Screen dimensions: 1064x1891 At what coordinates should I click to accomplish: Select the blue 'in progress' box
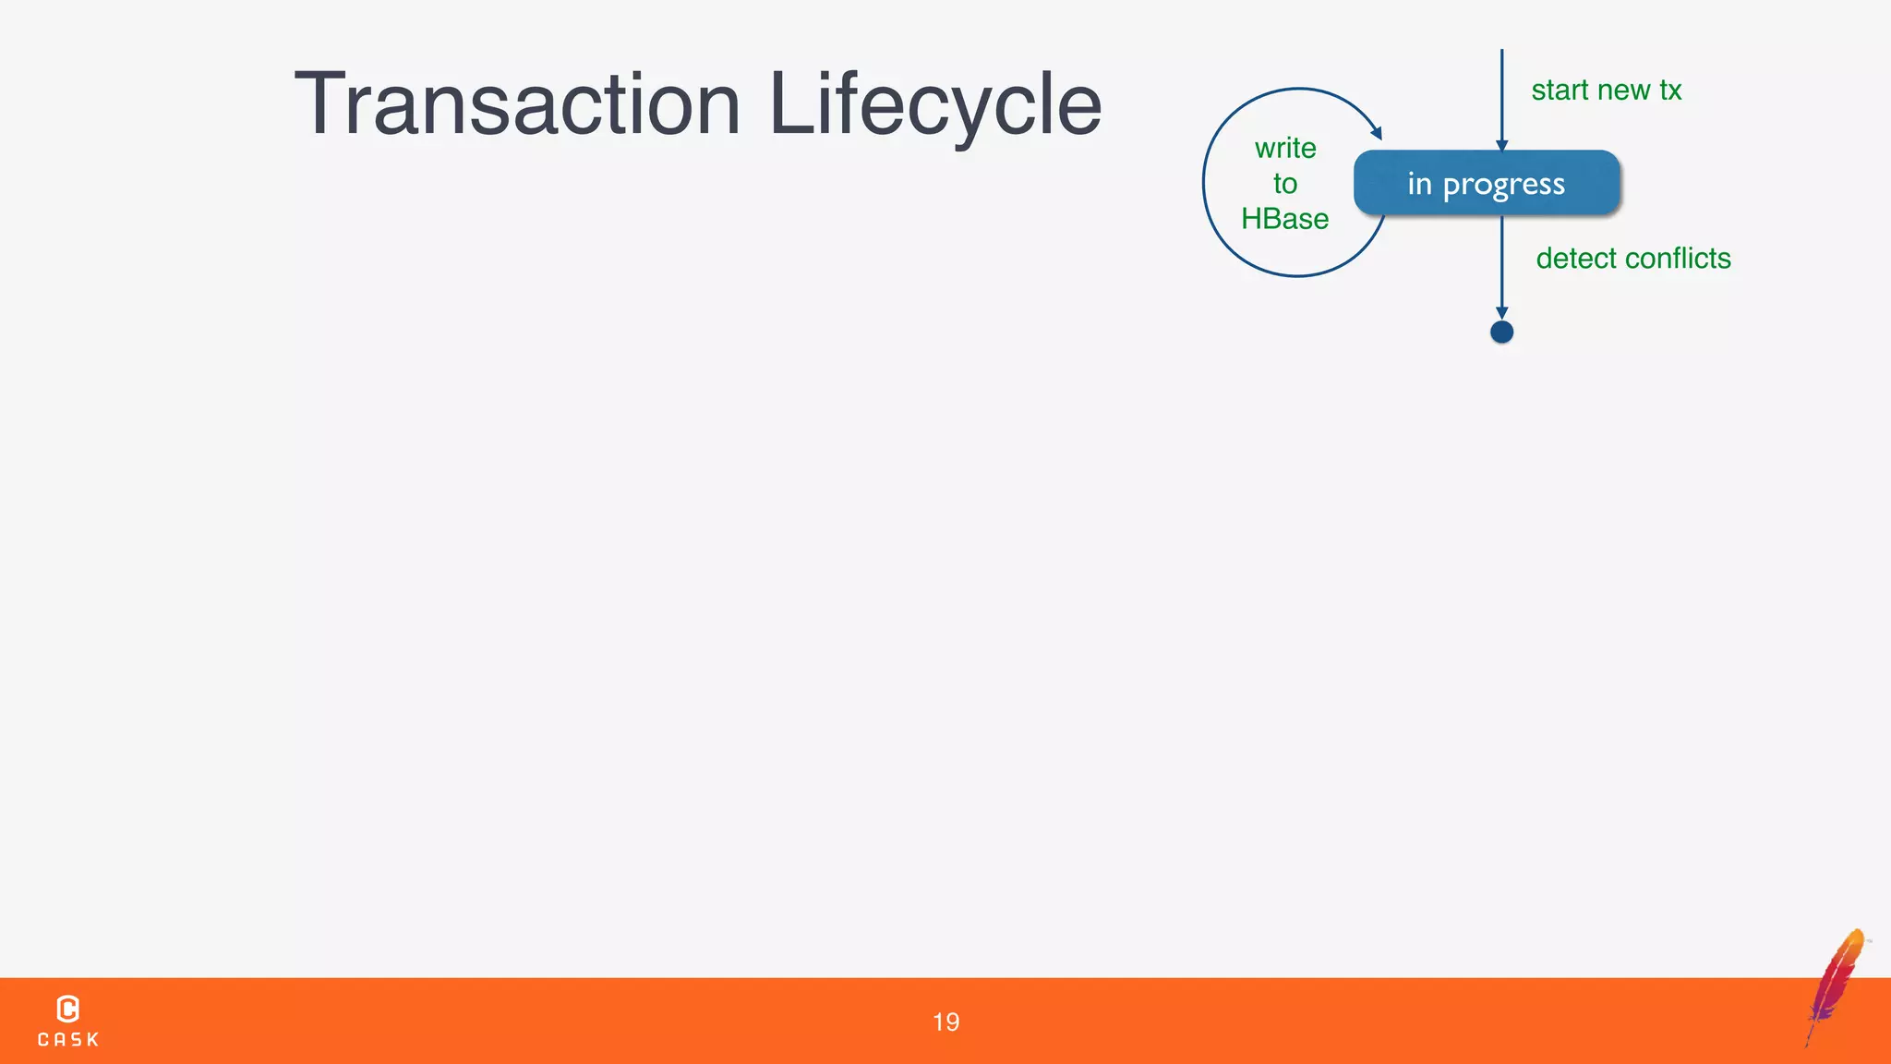click(x=1487, y=183)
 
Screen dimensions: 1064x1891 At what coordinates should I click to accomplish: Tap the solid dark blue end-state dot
click(x=1501, y=332)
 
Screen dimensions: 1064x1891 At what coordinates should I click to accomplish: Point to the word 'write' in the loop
click(x=1285, y=148)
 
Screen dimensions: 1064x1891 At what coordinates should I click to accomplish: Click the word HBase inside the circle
click(x=1284, y=219)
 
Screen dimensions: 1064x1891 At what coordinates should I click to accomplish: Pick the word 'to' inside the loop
click(x=1284, y=184)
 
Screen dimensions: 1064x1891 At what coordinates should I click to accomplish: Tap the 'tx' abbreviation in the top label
click(x=1669, y=91)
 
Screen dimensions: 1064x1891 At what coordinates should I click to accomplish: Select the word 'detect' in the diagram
click(x=1576, y=259)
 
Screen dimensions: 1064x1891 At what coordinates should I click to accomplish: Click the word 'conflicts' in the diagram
click(x=1678, y=259)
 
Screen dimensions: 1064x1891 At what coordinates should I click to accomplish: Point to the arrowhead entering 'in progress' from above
click(x=1501, y=145)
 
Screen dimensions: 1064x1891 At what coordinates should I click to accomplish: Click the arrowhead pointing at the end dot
click(x=1501, y=313)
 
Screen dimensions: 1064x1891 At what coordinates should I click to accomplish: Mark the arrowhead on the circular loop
click(x=1376, y=133)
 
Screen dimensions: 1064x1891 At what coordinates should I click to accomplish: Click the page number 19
click(x=945, y=1022)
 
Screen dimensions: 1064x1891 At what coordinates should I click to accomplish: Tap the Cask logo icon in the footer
click(x=67, y=1009)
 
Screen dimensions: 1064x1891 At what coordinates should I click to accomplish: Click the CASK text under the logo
click(x=67, y=1040)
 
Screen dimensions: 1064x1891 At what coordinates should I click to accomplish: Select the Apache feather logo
click(x=1836, y=986)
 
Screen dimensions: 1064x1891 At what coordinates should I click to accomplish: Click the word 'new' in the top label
click(x=1623, y=91)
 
